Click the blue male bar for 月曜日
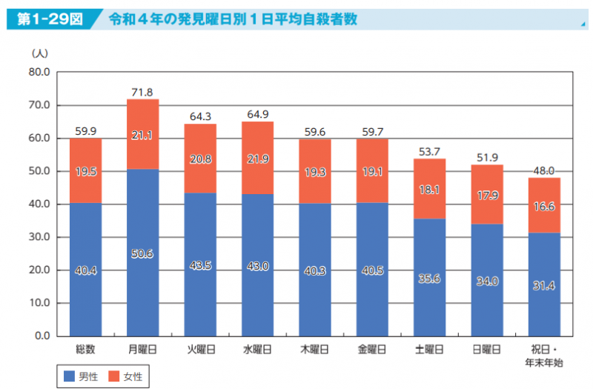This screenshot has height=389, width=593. [x=143, y=252]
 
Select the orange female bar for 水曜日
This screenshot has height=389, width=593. [x=257, y=158]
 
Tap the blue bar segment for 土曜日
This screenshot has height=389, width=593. [x=430, y=277]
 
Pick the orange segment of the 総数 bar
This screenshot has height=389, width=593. [x=85, y=170]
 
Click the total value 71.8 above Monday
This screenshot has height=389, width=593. [x=142, y=93]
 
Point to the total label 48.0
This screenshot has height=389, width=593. [x=545, y=170]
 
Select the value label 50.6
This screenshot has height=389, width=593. [x=143, y=253]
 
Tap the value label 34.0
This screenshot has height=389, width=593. [x=487, y=281]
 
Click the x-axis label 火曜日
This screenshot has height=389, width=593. [x=200, y=349]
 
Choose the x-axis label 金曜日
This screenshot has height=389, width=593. [x=372, y=349]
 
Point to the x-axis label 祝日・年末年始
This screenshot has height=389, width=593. [x=545, y=356]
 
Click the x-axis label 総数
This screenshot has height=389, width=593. [x=85, y=349]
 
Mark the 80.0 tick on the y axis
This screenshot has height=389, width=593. [x=39, y=73]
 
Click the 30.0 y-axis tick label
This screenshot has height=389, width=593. [x=39, y=237]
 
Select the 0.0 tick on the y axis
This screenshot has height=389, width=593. [x=42, y=336]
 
